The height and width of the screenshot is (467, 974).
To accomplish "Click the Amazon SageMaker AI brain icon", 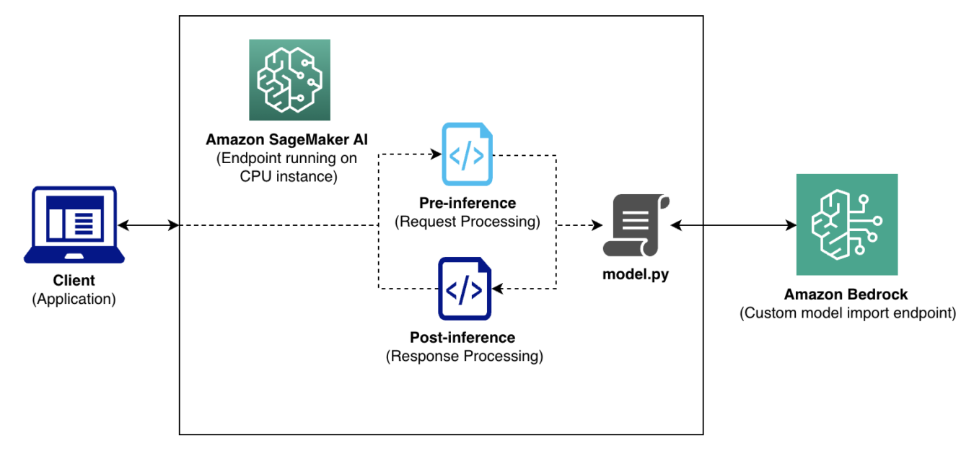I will click(289, 79).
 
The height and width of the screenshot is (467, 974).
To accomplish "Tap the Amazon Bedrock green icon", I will click(846, 224).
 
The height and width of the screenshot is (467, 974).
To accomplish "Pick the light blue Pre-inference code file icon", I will click(467, 154).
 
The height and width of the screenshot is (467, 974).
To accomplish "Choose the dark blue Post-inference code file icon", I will click(464, 289).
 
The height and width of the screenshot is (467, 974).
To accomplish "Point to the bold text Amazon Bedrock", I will click(846, 294).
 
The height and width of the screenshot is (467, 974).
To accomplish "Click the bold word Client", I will click(74, 281).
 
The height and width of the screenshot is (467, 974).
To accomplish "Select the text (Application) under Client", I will click(74, 299).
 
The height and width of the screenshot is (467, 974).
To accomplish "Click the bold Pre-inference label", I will click(467, 203).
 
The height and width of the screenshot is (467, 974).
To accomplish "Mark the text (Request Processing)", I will click(467, 222).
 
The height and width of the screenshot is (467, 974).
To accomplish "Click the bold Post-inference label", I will click(462, 337).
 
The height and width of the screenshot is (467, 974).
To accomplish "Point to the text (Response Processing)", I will click(464, 356).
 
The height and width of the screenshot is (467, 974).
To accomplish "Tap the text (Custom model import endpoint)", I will click(847, 313).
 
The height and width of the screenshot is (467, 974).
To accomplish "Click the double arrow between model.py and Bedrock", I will click(733, 226).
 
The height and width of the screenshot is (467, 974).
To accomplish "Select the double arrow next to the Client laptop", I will click(148, 226).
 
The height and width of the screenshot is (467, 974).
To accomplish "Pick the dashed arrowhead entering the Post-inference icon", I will click(497, 289).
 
